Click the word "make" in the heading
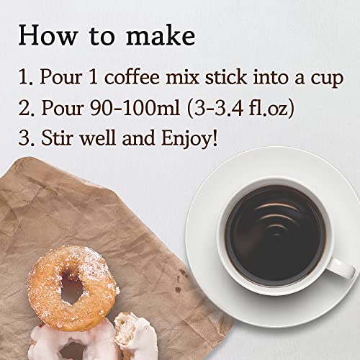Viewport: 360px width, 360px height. [x=161, y=35]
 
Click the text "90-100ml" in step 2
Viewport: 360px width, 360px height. [x=135, y=108]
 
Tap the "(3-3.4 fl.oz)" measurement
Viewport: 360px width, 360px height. [x=240, y=109]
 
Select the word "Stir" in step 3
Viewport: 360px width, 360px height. [x=57, y=138]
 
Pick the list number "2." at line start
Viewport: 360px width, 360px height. [x=27, y=108]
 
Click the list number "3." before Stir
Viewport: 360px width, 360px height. [x=27, y=138]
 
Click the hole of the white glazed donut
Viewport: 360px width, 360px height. [x=72, y=351]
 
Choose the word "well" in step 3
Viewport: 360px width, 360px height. [x=98, y=138]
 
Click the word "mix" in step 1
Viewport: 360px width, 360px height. [x=182, y=77]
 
